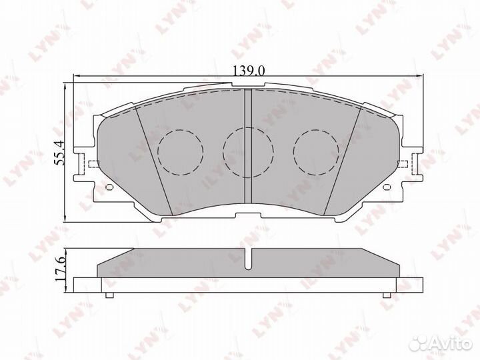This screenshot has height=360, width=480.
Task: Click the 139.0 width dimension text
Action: click(x=247, y=69)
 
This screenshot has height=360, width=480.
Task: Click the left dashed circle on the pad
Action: click(x=180, y=151)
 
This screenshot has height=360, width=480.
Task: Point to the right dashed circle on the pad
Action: click(x=315, y=151)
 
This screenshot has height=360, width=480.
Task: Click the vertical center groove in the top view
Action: click(x=247, y=143)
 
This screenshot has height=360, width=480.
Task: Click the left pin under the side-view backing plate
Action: click(x=111, y=294)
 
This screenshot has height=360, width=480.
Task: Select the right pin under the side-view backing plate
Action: click(x=385, y=294)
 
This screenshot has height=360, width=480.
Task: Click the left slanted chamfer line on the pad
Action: click(x=153, y=160)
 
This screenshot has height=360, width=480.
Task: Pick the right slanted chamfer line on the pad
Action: click(x=343, y=160)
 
